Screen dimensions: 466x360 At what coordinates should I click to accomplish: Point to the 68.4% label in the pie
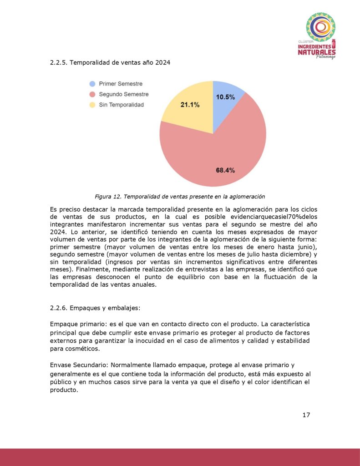(x=225, y=170)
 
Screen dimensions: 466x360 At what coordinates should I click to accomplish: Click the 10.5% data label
(x=225, y=97)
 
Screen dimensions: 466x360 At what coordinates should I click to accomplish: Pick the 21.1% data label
(x=190, y=104)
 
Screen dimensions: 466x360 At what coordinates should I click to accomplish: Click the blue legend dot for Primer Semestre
(x=92, y=84)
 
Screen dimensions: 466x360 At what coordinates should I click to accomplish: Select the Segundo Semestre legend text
(x=123, y=94)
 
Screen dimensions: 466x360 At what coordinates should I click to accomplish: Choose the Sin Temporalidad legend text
(x=121, y=105)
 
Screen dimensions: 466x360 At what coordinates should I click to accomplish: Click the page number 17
(x=306, y=415)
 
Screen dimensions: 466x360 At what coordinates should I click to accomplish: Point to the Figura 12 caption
(x=180, y=197)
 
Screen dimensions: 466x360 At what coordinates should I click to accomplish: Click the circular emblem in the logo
(x=320, y=27)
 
